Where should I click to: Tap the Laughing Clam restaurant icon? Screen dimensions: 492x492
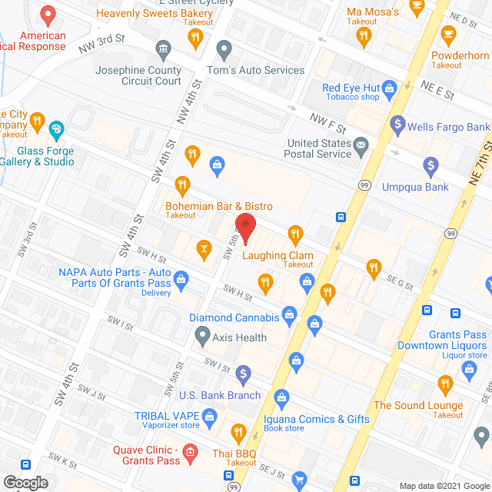[x=294, y=234]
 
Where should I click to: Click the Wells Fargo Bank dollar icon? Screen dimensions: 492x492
[x=397, y=122]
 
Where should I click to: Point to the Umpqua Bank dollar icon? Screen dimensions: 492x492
[x=431, y=165]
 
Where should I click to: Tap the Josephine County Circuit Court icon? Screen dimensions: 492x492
[x=163, y=51]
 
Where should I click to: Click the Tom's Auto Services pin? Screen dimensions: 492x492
[x=224, y=51]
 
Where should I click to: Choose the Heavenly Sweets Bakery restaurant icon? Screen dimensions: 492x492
[x=196, y=35]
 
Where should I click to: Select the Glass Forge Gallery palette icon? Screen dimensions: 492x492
[x=55, y=129]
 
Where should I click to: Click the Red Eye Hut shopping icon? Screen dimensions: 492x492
[x=390, y=88]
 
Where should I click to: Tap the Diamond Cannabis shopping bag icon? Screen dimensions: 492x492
[x=289, y=313]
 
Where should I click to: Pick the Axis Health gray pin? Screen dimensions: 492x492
[x=202, y=334]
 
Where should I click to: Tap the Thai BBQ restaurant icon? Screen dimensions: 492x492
[x=238, y=432]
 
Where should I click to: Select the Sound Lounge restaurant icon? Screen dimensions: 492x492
[x=444, y=384]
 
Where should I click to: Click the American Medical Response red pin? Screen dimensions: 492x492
[x=48, y=15]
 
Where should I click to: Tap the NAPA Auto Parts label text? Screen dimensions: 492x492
[x=115, y=278]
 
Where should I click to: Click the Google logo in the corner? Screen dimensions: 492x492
[x=26, y=482]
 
